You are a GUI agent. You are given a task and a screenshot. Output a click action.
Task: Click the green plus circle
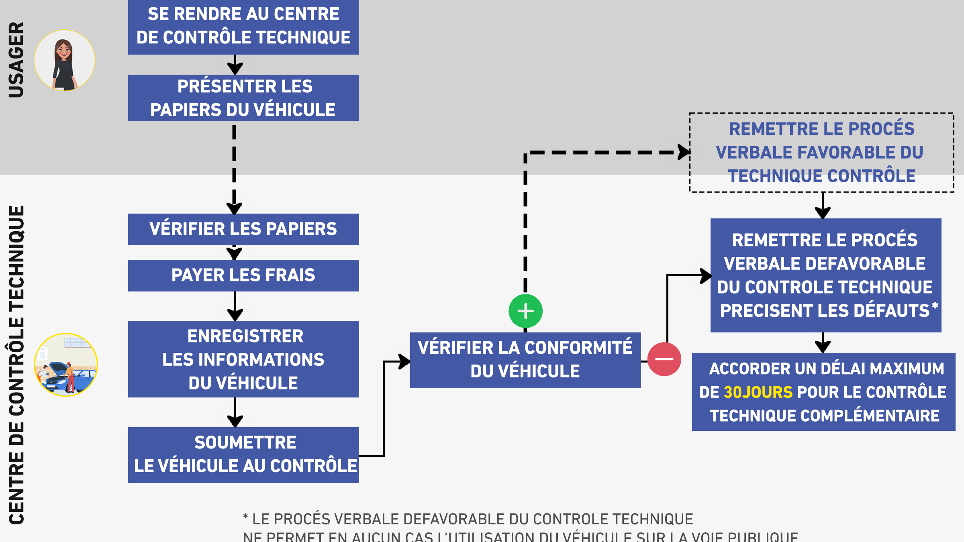[x=525, y=311]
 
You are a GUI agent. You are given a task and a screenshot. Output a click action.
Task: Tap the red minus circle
[x=664, y=359]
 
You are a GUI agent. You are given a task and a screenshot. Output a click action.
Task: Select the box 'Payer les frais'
[x=243, y=275]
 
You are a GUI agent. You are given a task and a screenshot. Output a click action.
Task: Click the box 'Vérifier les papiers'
[x=243, y=229]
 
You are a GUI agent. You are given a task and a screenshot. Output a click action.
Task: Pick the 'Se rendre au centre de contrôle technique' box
[x=243, y=26]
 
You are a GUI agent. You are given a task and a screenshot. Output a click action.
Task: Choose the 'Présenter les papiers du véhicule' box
[x=243, y=98]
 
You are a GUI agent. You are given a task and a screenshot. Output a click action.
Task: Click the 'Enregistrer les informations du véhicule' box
[x=243, y=359]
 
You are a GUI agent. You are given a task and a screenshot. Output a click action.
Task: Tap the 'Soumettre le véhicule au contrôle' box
[x=243, y=455]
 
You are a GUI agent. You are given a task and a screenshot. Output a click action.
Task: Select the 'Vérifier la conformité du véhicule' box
[x=525, y=360]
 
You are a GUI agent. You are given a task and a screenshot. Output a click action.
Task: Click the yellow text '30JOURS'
[x=758, y=392]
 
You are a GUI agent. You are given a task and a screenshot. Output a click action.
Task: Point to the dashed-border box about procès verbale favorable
[x=822, y=153]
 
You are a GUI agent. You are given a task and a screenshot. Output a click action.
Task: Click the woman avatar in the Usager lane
[x=64, y=60]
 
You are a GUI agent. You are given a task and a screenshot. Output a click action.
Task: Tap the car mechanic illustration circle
[x=66, y=365]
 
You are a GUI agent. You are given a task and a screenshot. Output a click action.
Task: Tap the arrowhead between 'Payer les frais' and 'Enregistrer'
[x=235, y=314]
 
